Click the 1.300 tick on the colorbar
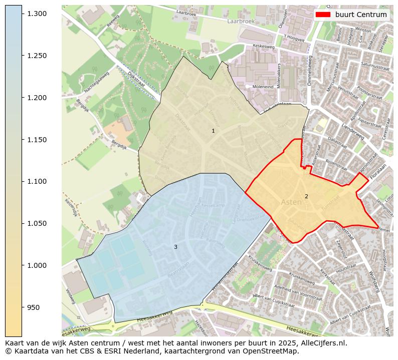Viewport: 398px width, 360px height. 22,14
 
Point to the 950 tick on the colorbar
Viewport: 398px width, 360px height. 22,307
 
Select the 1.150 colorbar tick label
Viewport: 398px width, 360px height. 37,140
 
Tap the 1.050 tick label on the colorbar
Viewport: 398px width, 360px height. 37,223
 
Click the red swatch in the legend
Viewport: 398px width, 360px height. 323,15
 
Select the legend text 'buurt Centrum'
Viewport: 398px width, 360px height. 361,15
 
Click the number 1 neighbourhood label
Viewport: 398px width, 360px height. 213,131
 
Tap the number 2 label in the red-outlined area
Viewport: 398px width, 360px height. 306,196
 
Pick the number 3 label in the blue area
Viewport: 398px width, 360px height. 175,247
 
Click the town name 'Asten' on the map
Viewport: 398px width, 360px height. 291,202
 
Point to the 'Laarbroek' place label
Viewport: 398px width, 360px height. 238,22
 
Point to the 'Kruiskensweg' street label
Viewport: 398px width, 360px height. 260,263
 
